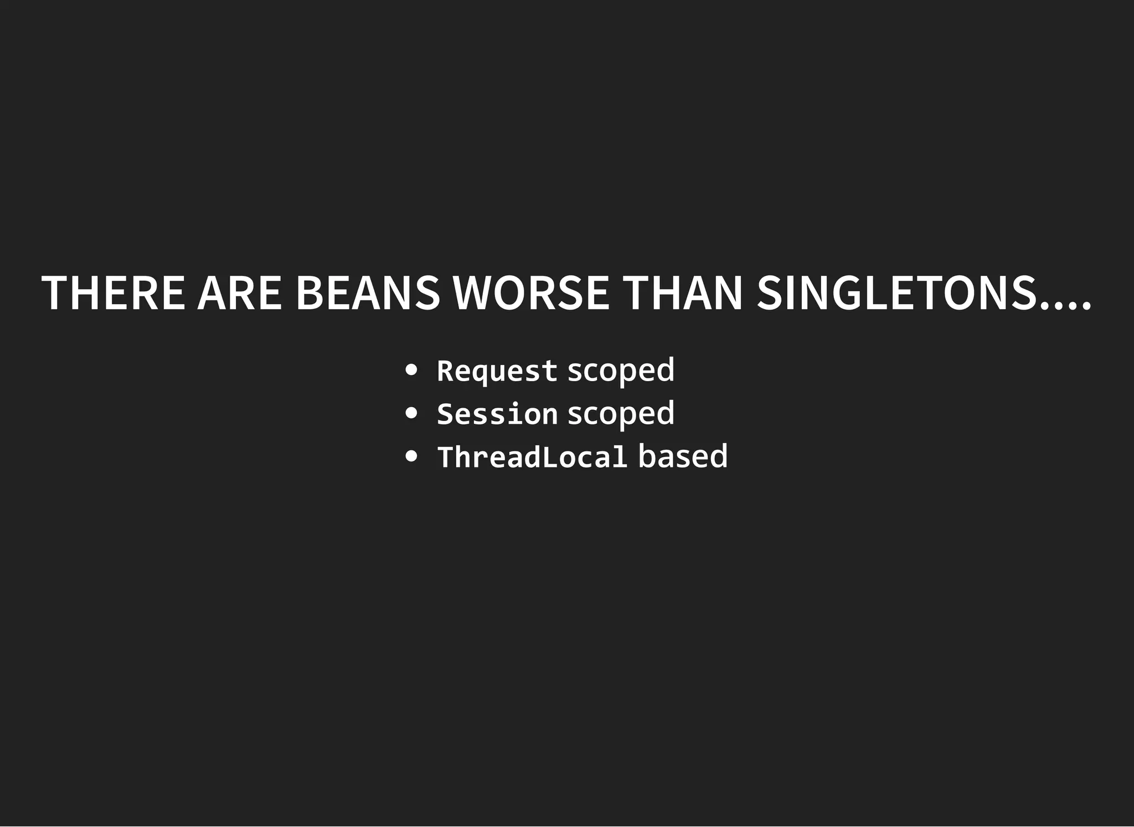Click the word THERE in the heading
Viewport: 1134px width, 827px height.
point(113,292)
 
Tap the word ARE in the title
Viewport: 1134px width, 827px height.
point(240,292)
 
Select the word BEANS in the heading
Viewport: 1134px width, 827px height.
point(368,292)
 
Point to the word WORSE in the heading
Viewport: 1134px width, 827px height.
point(531,292)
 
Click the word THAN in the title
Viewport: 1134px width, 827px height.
point(682,292)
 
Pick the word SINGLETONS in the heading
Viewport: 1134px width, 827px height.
point(897,292)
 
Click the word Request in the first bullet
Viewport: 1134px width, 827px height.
point(497,371)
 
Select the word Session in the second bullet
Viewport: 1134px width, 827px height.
point(497,414)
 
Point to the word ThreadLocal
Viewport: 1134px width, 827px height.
point(532,457)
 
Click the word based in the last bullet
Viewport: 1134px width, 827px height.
point(683,457)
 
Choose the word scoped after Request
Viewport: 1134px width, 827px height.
point(621,371)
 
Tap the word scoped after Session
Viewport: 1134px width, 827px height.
point(621,414)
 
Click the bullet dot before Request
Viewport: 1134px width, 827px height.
point(411,370)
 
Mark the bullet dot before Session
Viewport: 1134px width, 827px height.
point(411,413)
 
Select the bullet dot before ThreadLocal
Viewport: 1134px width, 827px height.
point(411,456)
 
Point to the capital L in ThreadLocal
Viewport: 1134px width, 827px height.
point(549,457)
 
